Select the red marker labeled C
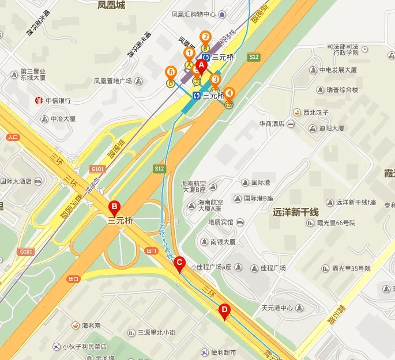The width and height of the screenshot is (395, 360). tap(179, 264)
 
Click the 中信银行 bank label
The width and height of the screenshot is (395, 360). tap(58, 100)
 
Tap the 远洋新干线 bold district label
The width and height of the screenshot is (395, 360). tap(300, 211)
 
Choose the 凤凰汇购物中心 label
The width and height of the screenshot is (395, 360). tap(194, 14)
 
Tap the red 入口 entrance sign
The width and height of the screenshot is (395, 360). tap(13, 138)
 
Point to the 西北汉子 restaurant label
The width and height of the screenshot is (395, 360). tap(315, 112)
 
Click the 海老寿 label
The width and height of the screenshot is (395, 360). tap(91, 326)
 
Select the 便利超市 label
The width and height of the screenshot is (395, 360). tap(224, 352)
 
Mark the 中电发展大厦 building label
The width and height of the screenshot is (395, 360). tap(339, 70)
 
